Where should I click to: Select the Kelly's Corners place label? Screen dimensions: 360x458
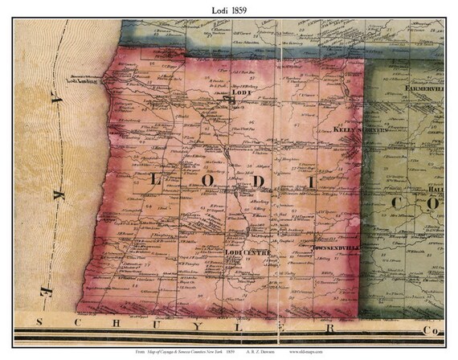361,130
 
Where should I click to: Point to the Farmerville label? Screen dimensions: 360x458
424,87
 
